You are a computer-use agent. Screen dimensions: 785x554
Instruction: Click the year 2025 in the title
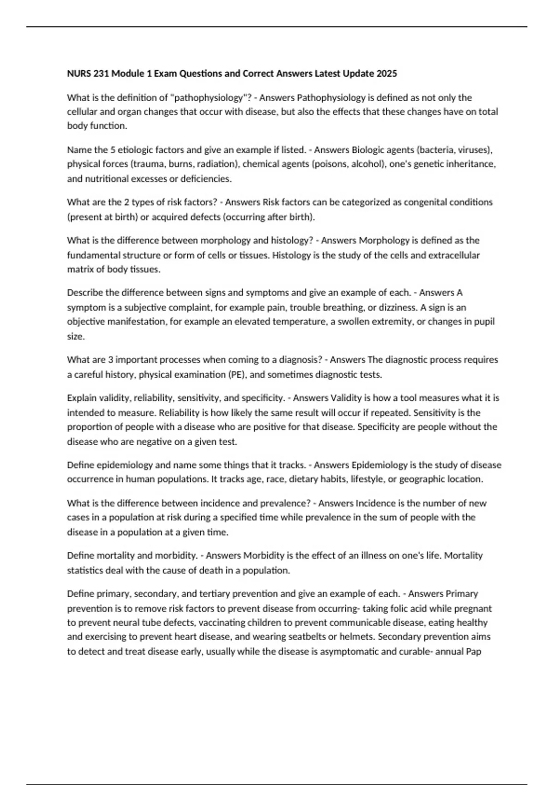click(386, 73)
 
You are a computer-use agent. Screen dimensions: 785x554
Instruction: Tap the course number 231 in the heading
click(101, 73)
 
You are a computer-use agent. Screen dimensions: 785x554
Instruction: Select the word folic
click(422, 609)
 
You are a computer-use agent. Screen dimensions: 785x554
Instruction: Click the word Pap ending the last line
click(474, 652)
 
